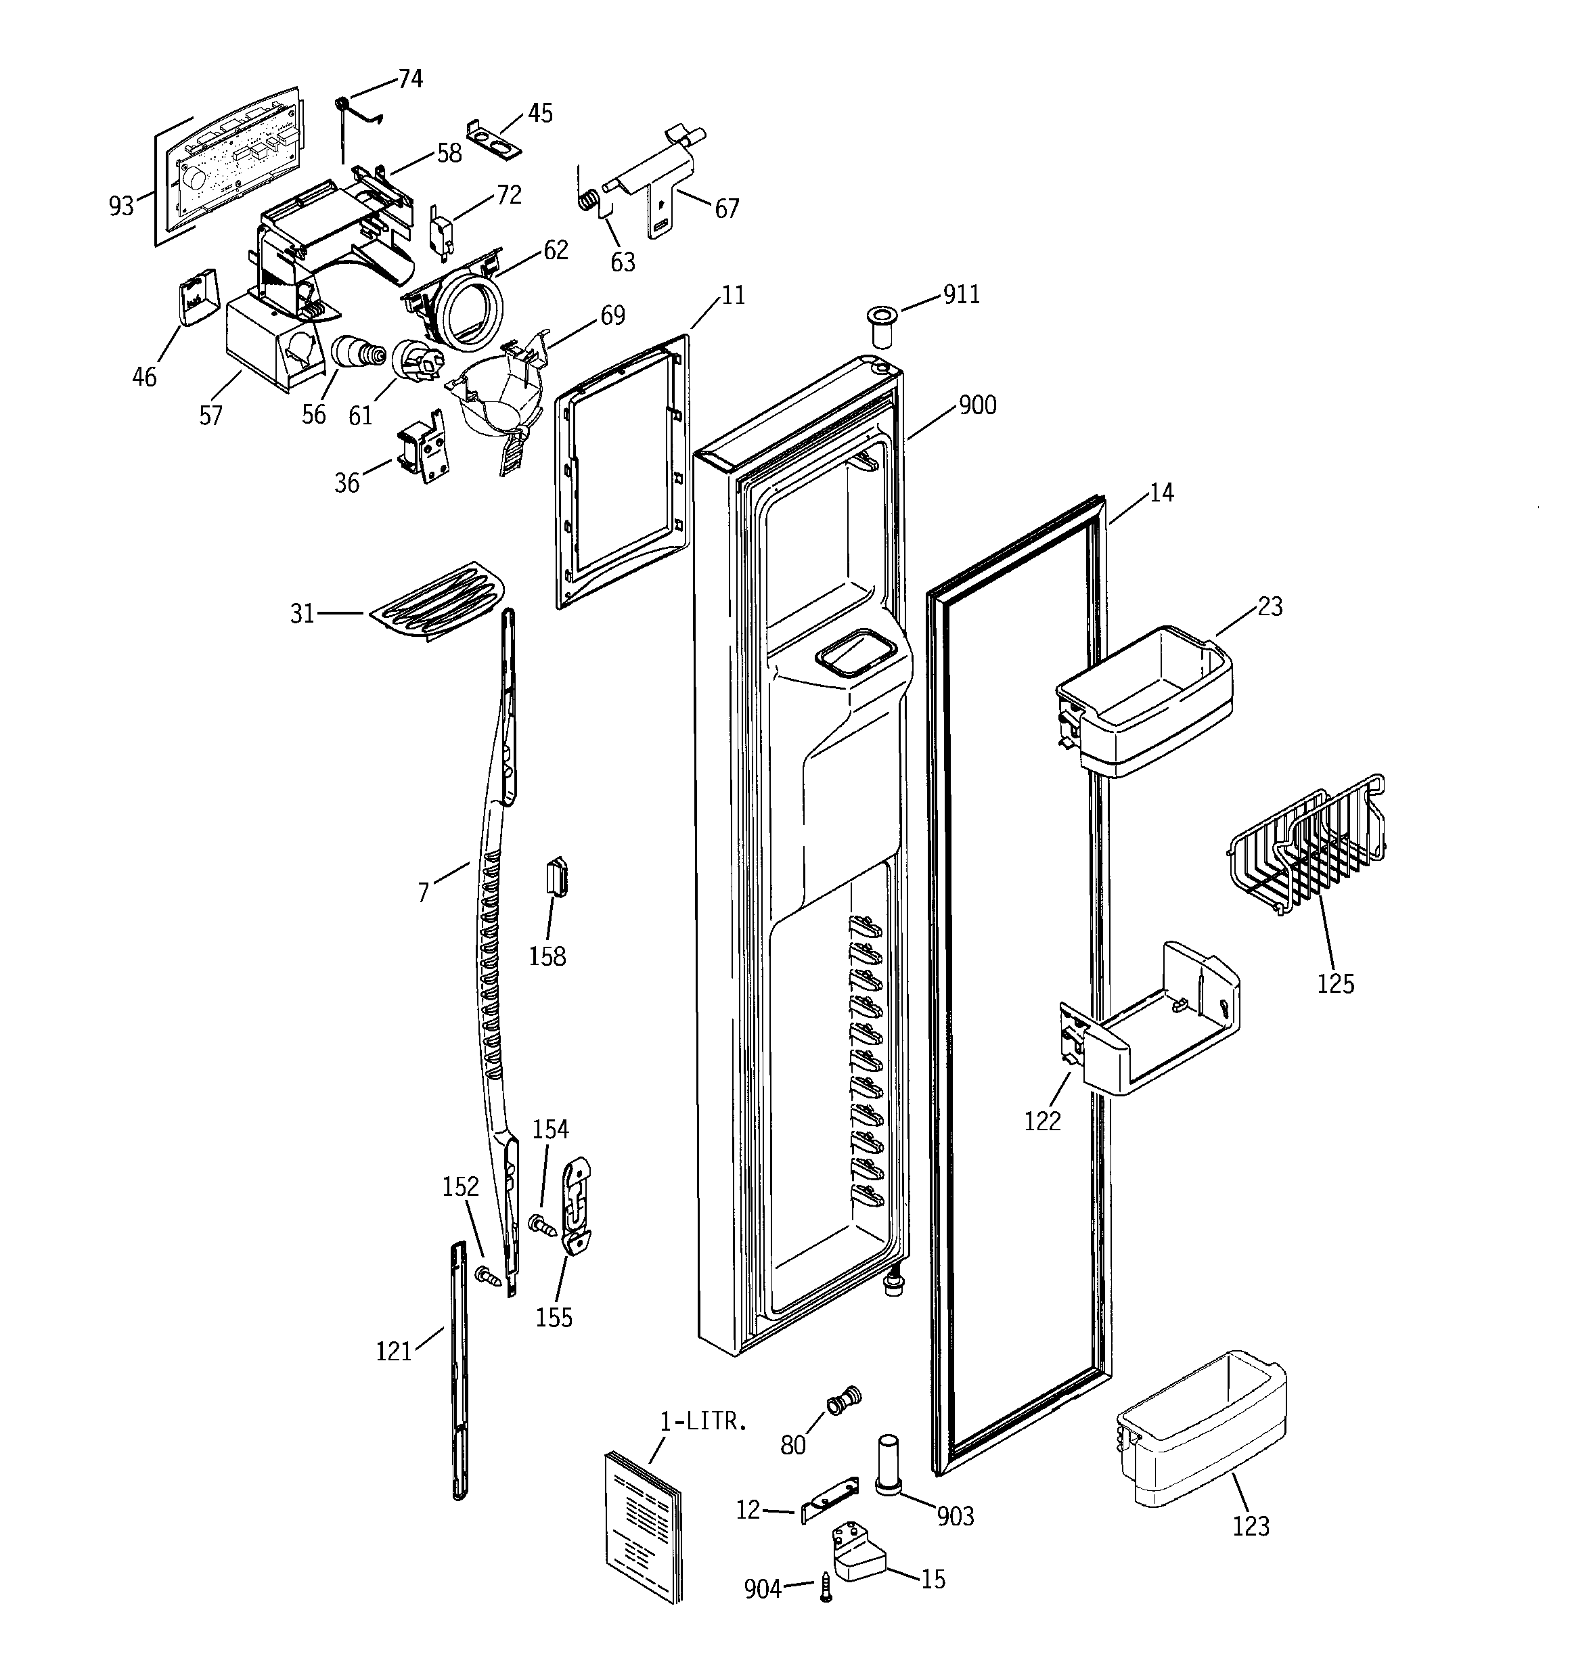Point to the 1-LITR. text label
coord(703,1421)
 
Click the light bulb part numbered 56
coord(357,352)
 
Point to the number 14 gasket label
coord(1161,493)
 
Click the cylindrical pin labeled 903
coord(889,1465)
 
